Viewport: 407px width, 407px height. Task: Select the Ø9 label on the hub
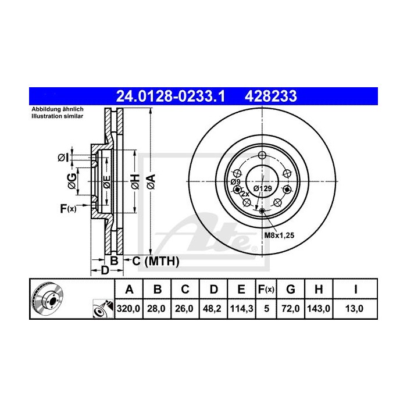tap(235, 182)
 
